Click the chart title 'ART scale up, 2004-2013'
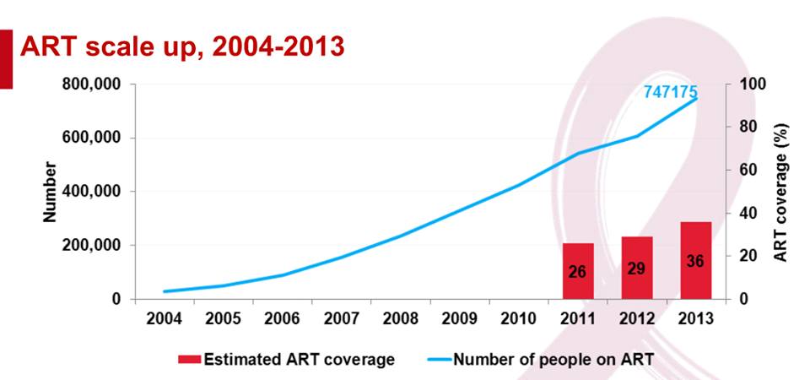181,46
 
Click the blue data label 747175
671,92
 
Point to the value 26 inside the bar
578,272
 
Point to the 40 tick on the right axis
748,213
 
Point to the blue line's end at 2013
696,99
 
